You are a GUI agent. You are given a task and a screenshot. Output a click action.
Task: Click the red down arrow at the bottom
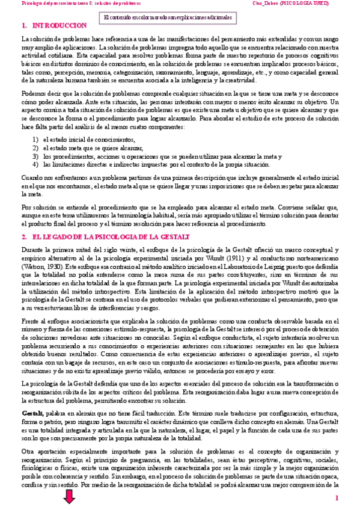(x=69, y=497)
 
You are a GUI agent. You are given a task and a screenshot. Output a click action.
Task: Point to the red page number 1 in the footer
(x=337, y=497)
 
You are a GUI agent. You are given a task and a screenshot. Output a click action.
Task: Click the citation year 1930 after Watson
(x=56, y=265)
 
